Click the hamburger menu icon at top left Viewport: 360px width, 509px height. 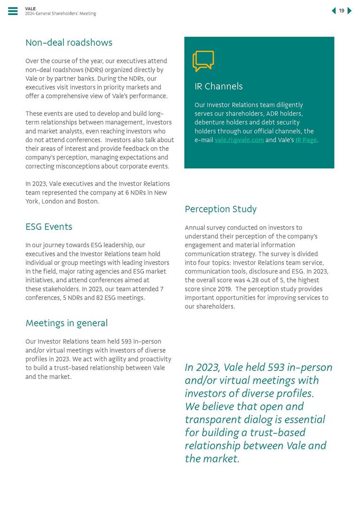pyautogui.click(x=13, y=11)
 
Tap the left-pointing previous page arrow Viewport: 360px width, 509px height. pyautogui.click(x=334, y=11)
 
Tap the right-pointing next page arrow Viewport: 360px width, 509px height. pyautogui.click(x=350, y=11)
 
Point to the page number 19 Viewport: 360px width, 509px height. pyautogui.click(x=342, y=11)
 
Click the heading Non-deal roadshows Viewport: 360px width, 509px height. pyautogui.click(x=69, y=43)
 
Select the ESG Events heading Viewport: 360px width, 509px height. pyautogui.click(x=49, y=227)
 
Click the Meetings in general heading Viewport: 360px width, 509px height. pyautogui.click(x=66, y=323)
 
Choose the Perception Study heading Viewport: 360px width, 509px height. pyautogui.click(x=220, y=209)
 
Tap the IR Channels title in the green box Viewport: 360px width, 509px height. pyautogui.click(x=219, y=86)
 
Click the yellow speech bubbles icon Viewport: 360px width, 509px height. pyautogui.click(x=203, y=61)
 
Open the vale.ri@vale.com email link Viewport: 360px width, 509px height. pyautogui.click(x=239, y=140)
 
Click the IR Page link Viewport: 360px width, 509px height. pyautogui.click(x=306, y=140)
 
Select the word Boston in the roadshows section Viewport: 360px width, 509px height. pyautogui.click(x=88, y=202)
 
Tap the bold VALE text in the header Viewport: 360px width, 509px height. pyautogui.click(x=30, y=8)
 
